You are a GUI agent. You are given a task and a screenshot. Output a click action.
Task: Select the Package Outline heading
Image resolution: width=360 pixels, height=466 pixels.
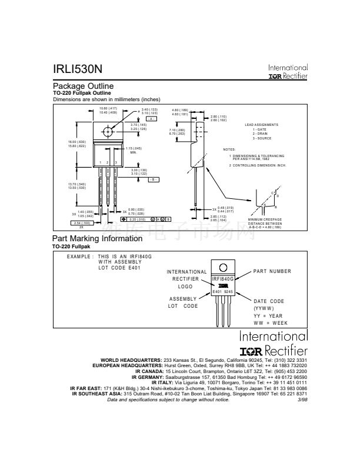point(84,86)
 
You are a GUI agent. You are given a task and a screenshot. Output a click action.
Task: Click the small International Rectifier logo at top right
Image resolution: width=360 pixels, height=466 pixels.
point(288,72)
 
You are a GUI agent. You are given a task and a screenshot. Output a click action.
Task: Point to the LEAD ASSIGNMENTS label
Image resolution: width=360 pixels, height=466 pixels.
point(262,125)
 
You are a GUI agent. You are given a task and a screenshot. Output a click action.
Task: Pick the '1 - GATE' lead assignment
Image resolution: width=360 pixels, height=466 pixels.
point(261,129)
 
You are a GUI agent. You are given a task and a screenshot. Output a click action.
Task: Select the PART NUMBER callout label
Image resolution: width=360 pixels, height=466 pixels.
point(272,271)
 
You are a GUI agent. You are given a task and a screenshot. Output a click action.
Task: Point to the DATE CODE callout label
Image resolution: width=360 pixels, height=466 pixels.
point(269,301)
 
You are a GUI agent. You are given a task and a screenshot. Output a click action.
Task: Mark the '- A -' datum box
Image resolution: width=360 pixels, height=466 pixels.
point(151,119)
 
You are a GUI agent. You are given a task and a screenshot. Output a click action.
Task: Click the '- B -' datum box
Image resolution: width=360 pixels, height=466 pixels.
point(151,179)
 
